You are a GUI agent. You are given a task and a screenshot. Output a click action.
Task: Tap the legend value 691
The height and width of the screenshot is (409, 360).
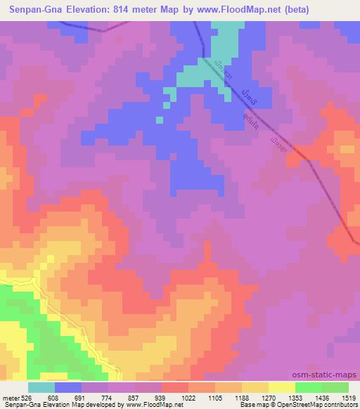tap(82, 397)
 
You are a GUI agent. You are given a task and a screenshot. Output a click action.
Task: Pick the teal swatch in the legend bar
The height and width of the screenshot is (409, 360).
tap(41, 387)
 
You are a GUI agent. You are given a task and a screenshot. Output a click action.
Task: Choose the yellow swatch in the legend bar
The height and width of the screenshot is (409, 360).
tap(282, 387)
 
